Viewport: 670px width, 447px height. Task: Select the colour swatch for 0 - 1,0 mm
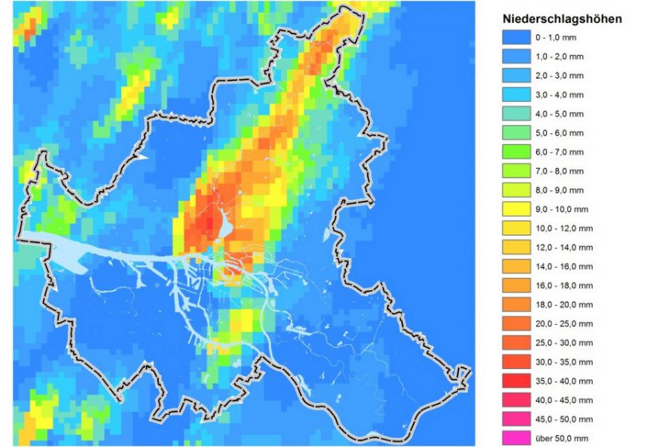[516, 37]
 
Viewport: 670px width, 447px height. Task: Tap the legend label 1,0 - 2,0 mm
[559, 57]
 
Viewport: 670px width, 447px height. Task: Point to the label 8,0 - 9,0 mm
[559, 190]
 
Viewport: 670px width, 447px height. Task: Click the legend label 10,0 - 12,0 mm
[562, 229]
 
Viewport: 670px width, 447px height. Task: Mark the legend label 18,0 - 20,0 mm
[562, 305]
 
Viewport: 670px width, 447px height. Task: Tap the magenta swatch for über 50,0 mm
[516, 438]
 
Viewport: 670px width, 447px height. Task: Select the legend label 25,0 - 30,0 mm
[562, 343]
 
